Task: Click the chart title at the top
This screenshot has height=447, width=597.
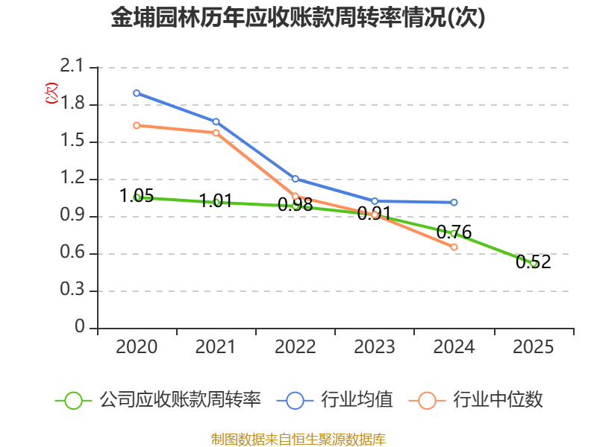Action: pyautogui.click(x=298, y=18)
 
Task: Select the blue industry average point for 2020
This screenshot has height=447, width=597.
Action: pyautogui.click(x=137, y=93)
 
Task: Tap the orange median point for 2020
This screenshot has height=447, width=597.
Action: pyautogui.click(x=137, y=125)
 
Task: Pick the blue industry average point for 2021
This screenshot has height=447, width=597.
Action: pyautogui.click(x=216, y=121)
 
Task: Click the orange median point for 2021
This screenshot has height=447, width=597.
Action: pyautogui.click(x=216, y=133)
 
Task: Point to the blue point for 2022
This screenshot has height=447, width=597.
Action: pyautogui.click(x=296, y=179)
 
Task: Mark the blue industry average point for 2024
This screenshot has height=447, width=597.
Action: pyautogui.click(x=454, y=202)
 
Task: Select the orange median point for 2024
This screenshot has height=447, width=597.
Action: pyautogui.click(x=454, y=247)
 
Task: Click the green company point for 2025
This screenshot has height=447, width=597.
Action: pyautogui.click(x=534, y=263)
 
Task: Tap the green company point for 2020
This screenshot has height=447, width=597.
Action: pyautogui.click(x=137, y=197)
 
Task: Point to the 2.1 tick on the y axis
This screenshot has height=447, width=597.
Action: pyautogui.click(x=75, y=67)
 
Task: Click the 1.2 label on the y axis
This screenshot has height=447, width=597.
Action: pyautogui.click(x=75, y=179)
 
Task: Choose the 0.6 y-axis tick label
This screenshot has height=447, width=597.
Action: pyautogui.click(x=75, y=253)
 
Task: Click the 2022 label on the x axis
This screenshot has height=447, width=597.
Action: pyautogui.click(x=296, y=347)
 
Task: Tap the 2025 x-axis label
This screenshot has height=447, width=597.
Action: pyautogui.click(x=534, y=347)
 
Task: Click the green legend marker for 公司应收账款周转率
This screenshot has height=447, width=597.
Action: pyautogui.click(x=73, y=400)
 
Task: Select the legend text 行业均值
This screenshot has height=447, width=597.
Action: pyautogui.click(x=357, y=400)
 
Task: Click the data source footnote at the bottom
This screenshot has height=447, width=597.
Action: pyautogui.click(x=298, y=439)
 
